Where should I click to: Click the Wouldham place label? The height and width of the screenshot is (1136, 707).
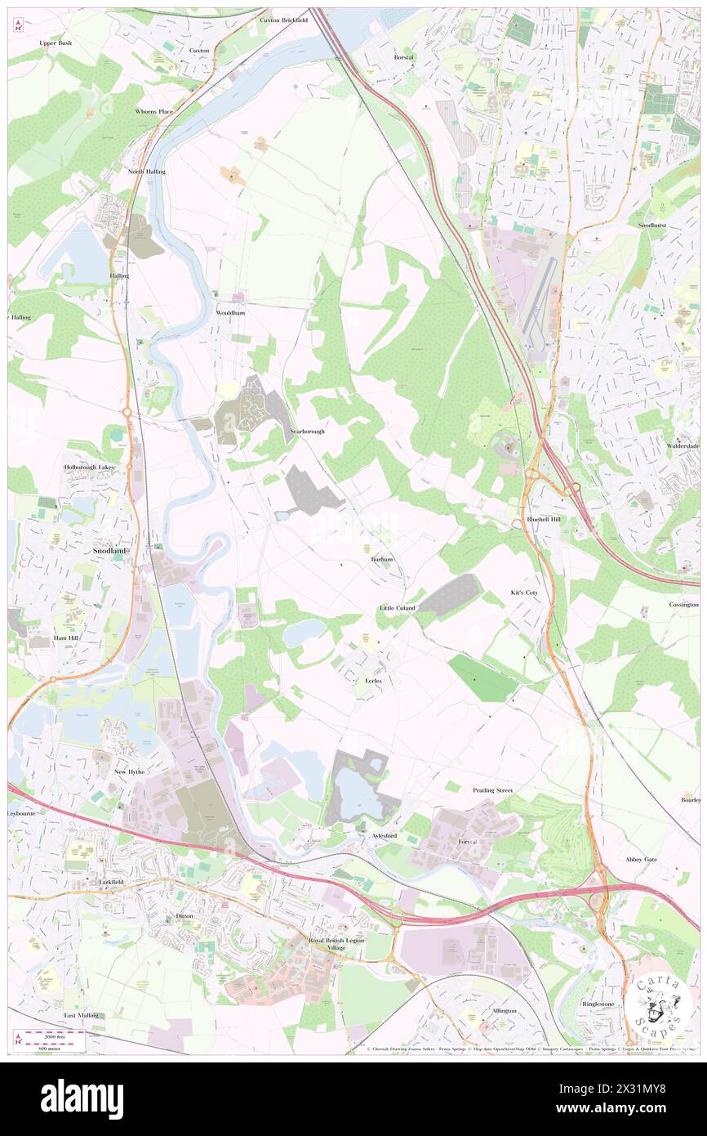[x=231, y=313]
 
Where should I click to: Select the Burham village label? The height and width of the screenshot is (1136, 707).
[x=382, y=559]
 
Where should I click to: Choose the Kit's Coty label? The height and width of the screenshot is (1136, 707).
[x=524, y=592]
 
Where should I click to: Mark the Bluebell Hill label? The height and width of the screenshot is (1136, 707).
[x=544, y=519]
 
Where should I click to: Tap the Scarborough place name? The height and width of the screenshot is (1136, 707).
[x=307, y=431]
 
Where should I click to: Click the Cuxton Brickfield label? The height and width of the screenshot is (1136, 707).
[x=283, y=20]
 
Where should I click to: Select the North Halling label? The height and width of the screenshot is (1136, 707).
[x=146, y=172]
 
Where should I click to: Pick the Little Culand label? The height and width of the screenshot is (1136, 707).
[x=398, y=609]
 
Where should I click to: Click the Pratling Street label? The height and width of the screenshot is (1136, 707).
[x=492, y=790]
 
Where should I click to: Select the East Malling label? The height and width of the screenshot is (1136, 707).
[x=81, y=1015]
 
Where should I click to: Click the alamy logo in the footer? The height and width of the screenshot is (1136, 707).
[x=82, y=1098]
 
